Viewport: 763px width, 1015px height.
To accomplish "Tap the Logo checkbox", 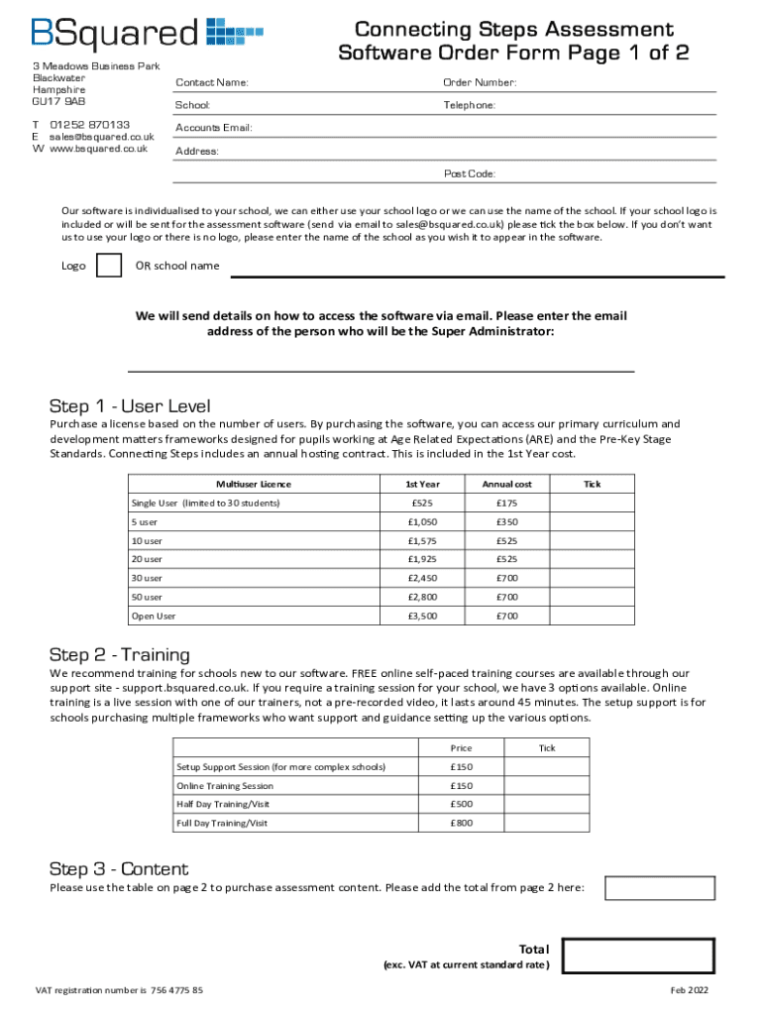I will (x=109, y=266).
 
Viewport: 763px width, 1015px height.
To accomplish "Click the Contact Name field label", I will (x=212, y=82).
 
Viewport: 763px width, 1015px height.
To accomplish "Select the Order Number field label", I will (x=480, y=82).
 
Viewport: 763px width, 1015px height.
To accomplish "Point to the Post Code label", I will (x=470, y=174).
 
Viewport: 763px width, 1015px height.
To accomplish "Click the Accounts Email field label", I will (x=214, y=128).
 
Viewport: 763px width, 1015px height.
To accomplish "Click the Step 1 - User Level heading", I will (x=130, y=406).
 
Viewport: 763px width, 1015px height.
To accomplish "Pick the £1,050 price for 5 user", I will (x=422, y=521).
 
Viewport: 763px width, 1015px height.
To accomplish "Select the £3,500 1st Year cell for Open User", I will (x=422, y=616).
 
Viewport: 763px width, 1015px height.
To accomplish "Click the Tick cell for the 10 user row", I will (x=592, y=540).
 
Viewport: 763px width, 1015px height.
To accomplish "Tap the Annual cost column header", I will (x=506, y=484).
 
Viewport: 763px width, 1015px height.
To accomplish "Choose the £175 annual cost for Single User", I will (x=506, y=503).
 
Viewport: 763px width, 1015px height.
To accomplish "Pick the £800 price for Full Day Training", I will (x=461, y=823).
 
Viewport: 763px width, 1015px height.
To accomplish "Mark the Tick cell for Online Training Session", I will (x=546, y=785).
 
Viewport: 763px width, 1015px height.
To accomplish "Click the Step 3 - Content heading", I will (x=119, y=869).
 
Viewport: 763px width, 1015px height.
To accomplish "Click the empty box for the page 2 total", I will (x=659, y=888).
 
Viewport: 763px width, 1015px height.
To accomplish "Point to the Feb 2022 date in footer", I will (x=690, y=990).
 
